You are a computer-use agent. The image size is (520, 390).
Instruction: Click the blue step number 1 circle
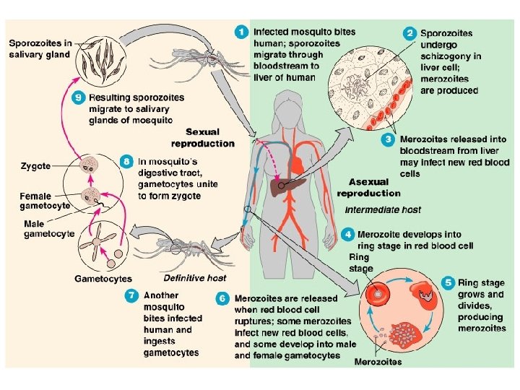(x=242, y=32)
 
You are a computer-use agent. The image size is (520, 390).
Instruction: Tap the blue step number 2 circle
(x=409, y=33)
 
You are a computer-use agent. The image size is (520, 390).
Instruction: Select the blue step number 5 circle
(x=448, y=282)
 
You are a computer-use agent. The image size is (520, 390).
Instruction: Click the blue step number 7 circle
(x=131, y=295)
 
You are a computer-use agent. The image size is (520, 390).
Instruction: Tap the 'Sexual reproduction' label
(x=210, y=137)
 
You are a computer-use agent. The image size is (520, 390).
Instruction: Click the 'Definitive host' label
(x=195, y=277)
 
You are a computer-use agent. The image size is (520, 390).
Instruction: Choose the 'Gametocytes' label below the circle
(x=103, y=278)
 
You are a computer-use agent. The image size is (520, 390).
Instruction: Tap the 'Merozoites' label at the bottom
(x=378, y=361)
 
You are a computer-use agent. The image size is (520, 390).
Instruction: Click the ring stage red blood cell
(x=377, y=295)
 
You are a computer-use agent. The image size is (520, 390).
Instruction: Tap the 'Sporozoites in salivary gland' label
(x=40, y=48)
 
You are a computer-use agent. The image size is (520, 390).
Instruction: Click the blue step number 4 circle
(x=348, y=234)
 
